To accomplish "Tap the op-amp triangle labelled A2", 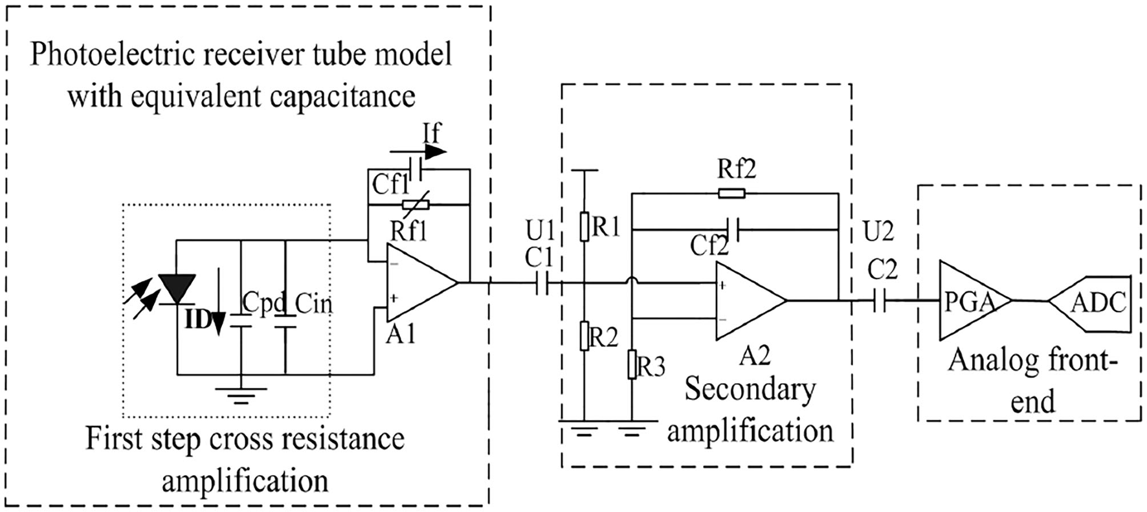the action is tap(751, 301).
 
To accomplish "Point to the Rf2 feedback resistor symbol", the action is tap(731, 193).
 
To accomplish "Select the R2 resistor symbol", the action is tap(584, 336).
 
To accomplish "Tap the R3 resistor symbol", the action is tap(632, 365).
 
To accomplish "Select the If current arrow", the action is tap(418, 152).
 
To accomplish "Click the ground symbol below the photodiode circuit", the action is tap(241, 394).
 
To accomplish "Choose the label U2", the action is tap(878, 231).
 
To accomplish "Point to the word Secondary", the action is tap(750, 390).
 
